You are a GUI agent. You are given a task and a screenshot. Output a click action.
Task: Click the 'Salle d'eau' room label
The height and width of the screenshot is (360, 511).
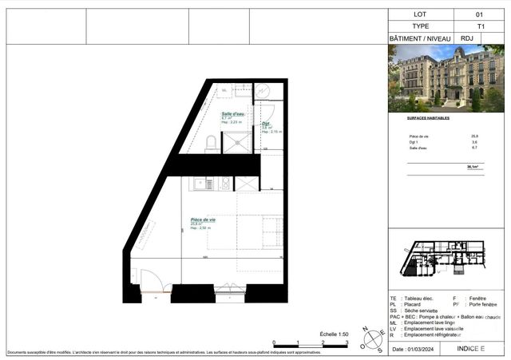pos(233,114)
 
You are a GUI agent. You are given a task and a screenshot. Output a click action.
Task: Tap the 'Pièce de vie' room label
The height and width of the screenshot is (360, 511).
pos(204,220)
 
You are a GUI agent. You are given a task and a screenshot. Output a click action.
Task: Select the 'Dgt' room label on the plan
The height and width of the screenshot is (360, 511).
pos(266,123)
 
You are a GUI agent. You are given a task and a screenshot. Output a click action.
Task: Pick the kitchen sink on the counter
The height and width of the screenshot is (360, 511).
pos(225,184)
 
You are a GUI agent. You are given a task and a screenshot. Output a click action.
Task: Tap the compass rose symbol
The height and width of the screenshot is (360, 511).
pos(369,340)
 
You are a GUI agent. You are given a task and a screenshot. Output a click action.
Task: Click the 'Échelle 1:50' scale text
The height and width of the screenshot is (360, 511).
pos(334,334)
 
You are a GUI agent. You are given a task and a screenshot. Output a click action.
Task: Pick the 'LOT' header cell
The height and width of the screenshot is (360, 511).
pos(421,14)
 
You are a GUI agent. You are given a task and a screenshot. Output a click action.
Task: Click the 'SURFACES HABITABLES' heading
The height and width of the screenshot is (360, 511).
pos(423,117)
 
